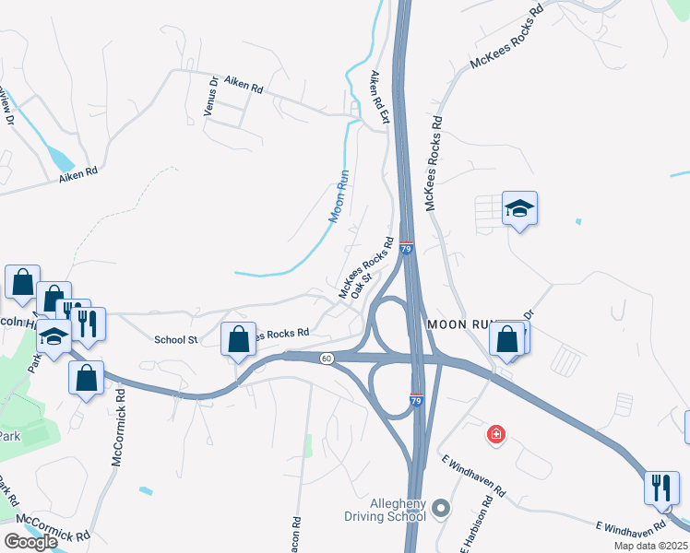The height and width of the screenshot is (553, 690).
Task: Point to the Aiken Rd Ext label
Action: point(380,98)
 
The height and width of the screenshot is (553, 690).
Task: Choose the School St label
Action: point(175,340)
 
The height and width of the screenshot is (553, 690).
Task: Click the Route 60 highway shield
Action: point(327,358)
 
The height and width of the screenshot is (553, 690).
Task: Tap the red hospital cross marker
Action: point(496,433)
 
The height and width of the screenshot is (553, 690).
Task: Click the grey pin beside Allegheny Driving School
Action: point(441,508)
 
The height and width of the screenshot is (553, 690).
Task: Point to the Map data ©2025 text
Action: point(650,546)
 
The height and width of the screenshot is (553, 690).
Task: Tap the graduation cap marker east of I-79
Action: point(519,209)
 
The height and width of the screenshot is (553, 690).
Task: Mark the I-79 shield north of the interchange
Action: point(407,248)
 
